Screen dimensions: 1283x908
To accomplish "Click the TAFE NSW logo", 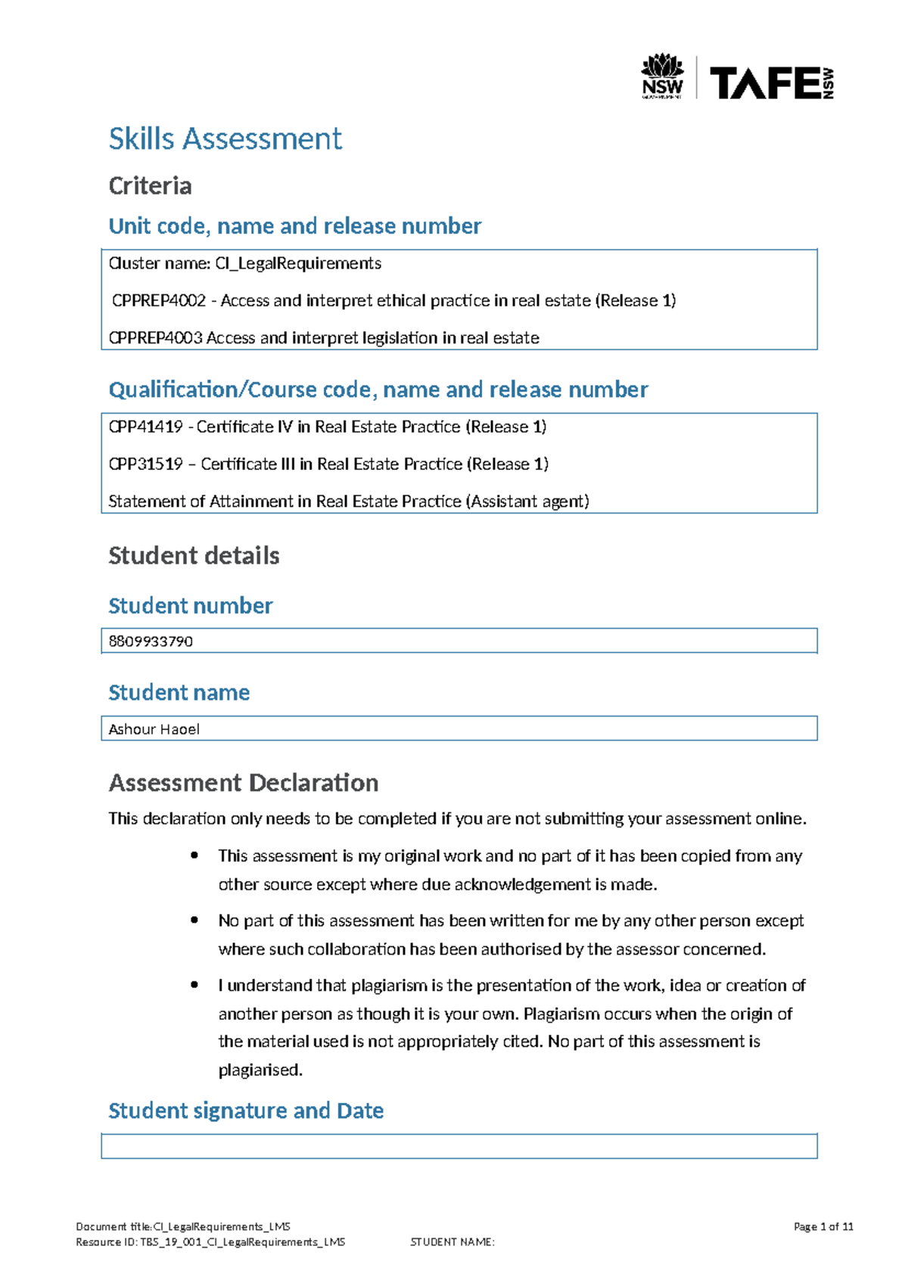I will click(x=771, y=82).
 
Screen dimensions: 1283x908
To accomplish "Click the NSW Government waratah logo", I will click(x=662, y=76).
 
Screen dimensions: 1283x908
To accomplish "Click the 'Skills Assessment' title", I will click(x=225, y=138).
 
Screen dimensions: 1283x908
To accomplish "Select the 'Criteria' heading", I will click(x=150, y=185).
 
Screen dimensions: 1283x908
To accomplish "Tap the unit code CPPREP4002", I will click(x=159, y=300).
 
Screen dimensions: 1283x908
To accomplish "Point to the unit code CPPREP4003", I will click(x=156, y=337).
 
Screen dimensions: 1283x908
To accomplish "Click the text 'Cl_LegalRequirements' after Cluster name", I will click(x=298, y=263).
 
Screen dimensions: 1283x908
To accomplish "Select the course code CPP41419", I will click(x=145, y=427).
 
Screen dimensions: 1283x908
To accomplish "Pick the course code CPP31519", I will click(x=145, y=464).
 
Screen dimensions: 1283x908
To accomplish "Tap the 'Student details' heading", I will click(x=194, y=555).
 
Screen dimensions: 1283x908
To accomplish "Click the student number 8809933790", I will click(x=151, y=641).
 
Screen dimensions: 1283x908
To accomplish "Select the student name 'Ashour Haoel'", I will click(x=154, y=729).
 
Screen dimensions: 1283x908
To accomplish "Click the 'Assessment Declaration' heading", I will click(x=243, y=782).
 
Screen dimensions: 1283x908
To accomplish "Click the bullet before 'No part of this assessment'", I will click(x=194, y=920).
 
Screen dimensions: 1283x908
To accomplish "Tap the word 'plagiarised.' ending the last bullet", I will click(x=260, y=1070).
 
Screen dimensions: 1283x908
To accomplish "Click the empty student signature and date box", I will click(x=459, y=1146).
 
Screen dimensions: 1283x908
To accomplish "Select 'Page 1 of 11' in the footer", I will click(x=823, y=1227).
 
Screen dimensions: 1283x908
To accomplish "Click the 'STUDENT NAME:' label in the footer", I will click(x=452, y=1242).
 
